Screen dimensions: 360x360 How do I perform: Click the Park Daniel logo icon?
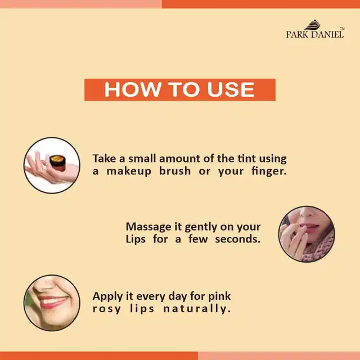313,25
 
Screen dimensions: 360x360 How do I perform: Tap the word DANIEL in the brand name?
327,34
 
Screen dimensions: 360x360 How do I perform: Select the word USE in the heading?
231,89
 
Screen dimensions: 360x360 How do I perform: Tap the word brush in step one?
175,171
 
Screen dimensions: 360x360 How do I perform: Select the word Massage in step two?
148,227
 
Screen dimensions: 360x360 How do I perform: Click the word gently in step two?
201,227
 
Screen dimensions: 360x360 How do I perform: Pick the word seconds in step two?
237,239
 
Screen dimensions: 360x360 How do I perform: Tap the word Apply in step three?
108,296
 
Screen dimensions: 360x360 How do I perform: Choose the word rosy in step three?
107,309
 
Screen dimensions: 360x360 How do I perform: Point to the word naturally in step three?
197,309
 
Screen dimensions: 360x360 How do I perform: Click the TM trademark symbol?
342,29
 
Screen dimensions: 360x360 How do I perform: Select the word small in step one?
142,159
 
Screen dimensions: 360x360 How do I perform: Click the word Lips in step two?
136,240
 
